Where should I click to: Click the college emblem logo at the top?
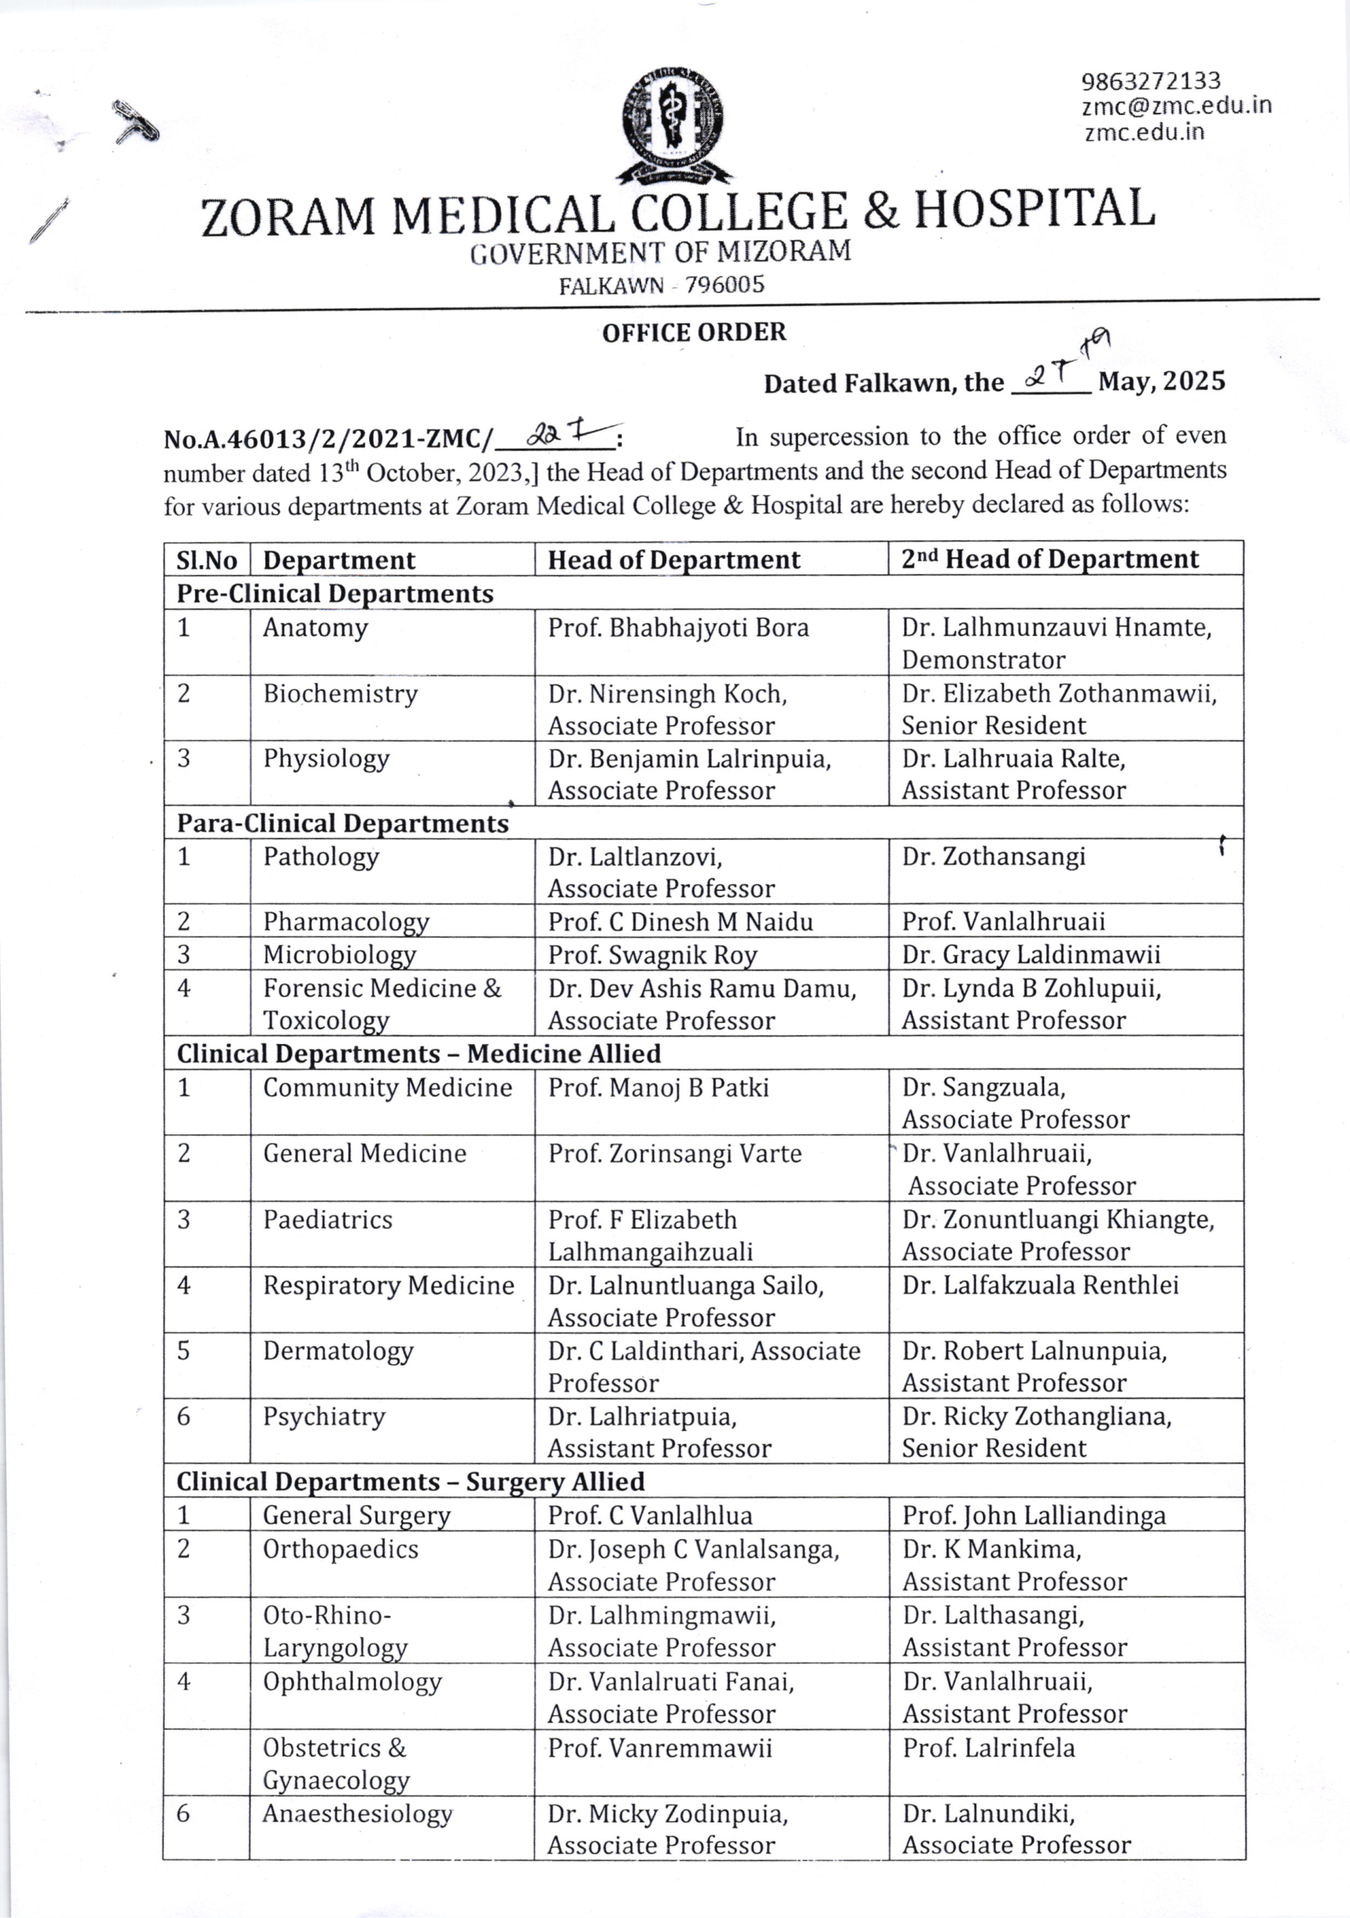pos(674,125)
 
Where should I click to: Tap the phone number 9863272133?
pos(1150,82)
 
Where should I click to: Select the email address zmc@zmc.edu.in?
pos(1176,106)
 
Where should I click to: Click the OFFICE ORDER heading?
pos(693,332)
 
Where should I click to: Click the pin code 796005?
pos(724,286)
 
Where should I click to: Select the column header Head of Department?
pos(674,560)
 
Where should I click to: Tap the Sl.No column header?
pos(206,561)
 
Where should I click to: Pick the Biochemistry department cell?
pos(340,694)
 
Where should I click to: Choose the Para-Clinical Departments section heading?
pos(343,824)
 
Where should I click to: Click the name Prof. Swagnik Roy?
pos(652,954)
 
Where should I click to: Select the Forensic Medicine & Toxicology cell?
pos(382,1004)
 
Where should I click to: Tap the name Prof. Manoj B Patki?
pos(658,1088)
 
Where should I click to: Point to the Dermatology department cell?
pos(337,1351)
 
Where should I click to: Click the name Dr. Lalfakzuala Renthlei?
pos(1040,1285)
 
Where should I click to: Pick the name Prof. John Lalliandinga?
pos(1033,1516)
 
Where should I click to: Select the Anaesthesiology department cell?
pos(357,1813)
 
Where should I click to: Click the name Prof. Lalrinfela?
pos(988,1748)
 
